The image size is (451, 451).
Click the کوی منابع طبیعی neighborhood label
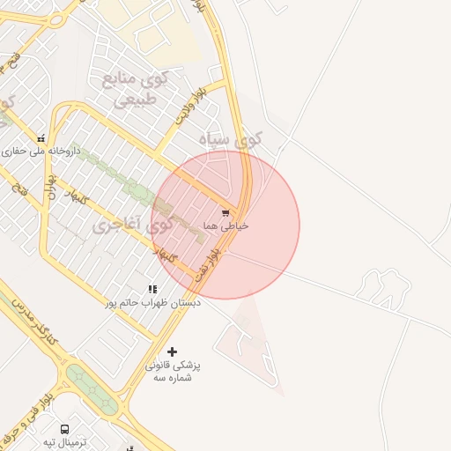tap(135, 87)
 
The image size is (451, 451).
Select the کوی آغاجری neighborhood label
tap(132, 225)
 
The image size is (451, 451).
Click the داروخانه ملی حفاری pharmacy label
tap(41, 151)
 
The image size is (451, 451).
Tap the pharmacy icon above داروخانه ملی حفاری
tap(41, 138)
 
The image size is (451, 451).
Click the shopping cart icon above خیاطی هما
tap(226, 213)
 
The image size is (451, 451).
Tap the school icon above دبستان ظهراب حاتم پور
tap(153, 288)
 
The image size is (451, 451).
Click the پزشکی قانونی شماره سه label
tap(173, 370)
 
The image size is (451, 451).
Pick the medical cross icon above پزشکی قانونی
tap(172, 351)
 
